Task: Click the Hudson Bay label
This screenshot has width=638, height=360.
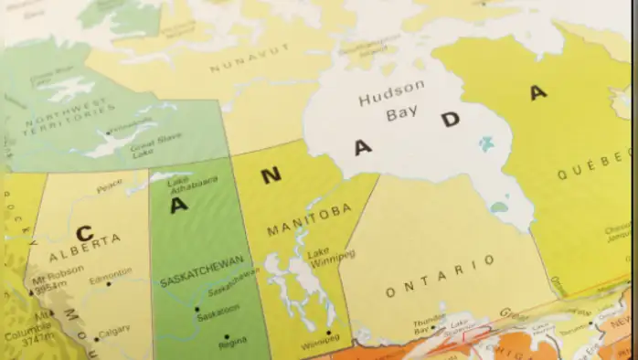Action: pyautogui.click(x=391, y=101)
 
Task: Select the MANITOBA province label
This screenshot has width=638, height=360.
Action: pyautogui.click(x=309, y=220)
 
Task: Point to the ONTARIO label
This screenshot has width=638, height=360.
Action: pyautogui.click(x=441, y=277)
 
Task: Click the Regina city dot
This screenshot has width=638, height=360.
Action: pyautogui.click(x=226, y=337)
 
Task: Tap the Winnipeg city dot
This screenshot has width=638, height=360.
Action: pyautogui.click(x=328, y=333)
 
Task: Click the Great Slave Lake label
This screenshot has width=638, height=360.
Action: pyautogui.click(x=144, y=151)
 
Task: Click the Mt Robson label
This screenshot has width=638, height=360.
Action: pyautogui.click(x=58, y=274)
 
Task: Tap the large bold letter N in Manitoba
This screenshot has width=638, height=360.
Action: pyautogui.click(x=271, y=175)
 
